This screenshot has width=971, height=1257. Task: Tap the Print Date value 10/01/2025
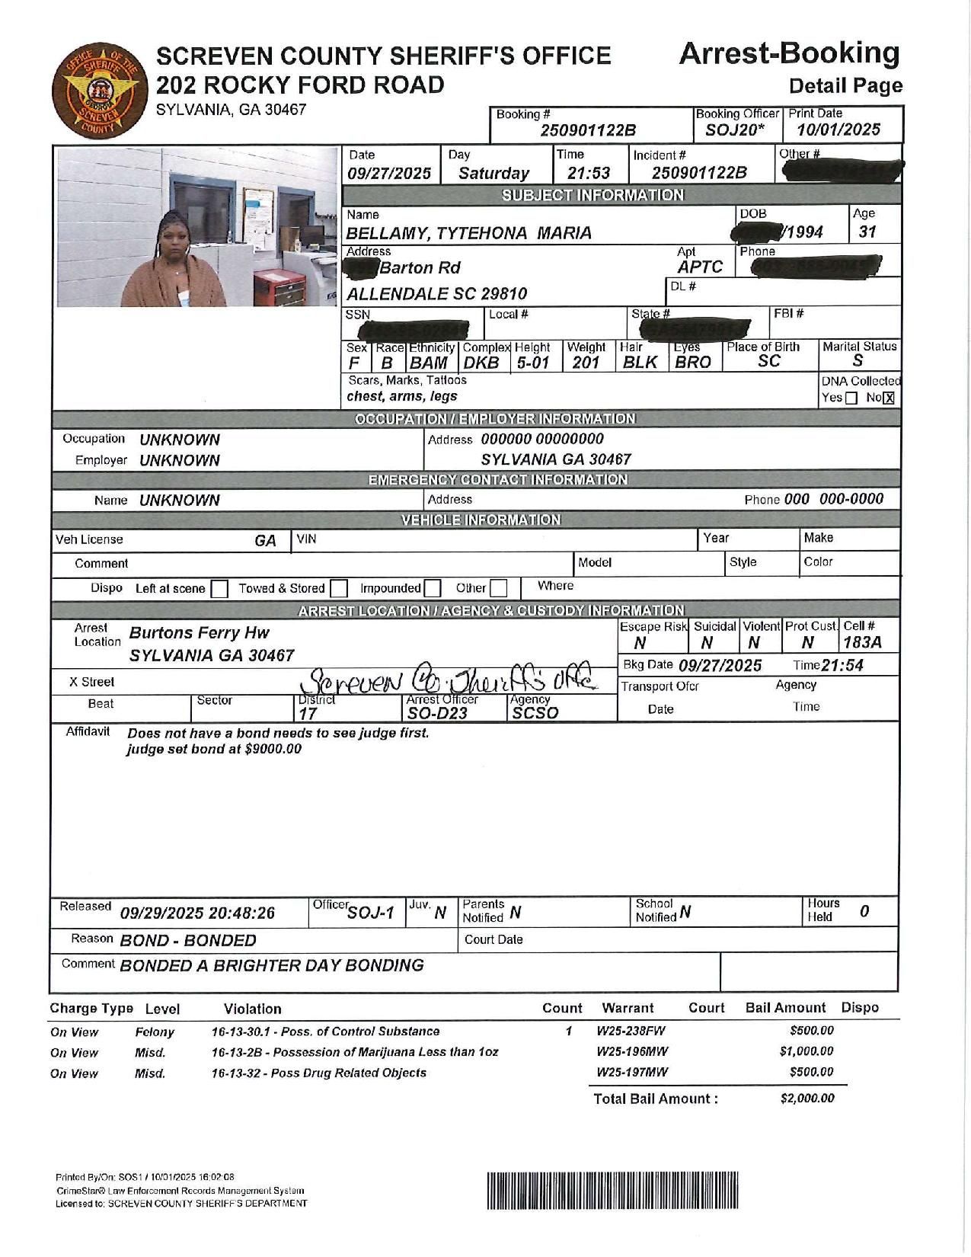pyautogui.click(x=838, y=130)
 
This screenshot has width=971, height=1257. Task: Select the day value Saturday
pyautogui.click(x=493, y=173)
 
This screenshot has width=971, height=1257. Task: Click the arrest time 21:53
pyautogui.click(x=589, y=173)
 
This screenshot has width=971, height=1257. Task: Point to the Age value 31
pyautogui.click(x=867, y=232)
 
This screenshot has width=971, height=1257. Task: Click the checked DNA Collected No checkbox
pyautogui.click(x=888, y=398)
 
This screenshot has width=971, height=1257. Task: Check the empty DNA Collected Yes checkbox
pyautogui.click(x=851, y=398)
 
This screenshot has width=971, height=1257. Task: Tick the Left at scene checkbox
pyautogui.click(x=219, y=589)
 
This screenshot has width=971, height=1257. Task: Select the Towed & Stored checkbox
pyautogui.click(x=339, y=589)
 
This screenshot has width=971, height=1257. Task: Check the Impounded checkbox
pyautogui.click(x=432, y=589)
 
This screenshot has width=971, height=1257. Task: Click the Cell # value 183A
pyautogui.click(x=862, y=642)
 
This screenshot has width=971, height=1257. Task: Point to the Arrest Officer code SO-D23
pyautogui.click(x=437, y=713)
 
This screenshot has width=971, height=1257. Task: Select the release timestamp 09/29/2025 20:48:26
pyautogui.click(x=197, y=913)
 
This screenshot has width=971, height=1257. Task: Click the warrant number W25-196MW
pyautogui.click(x=632, y=1051)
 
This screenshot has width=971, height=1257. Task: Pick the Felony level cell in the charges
pyautogui.click(x=155, y=1032)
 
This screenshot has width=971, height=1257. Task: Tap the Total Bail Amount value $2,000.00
pyautogui.click(x=807, y=1098)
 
